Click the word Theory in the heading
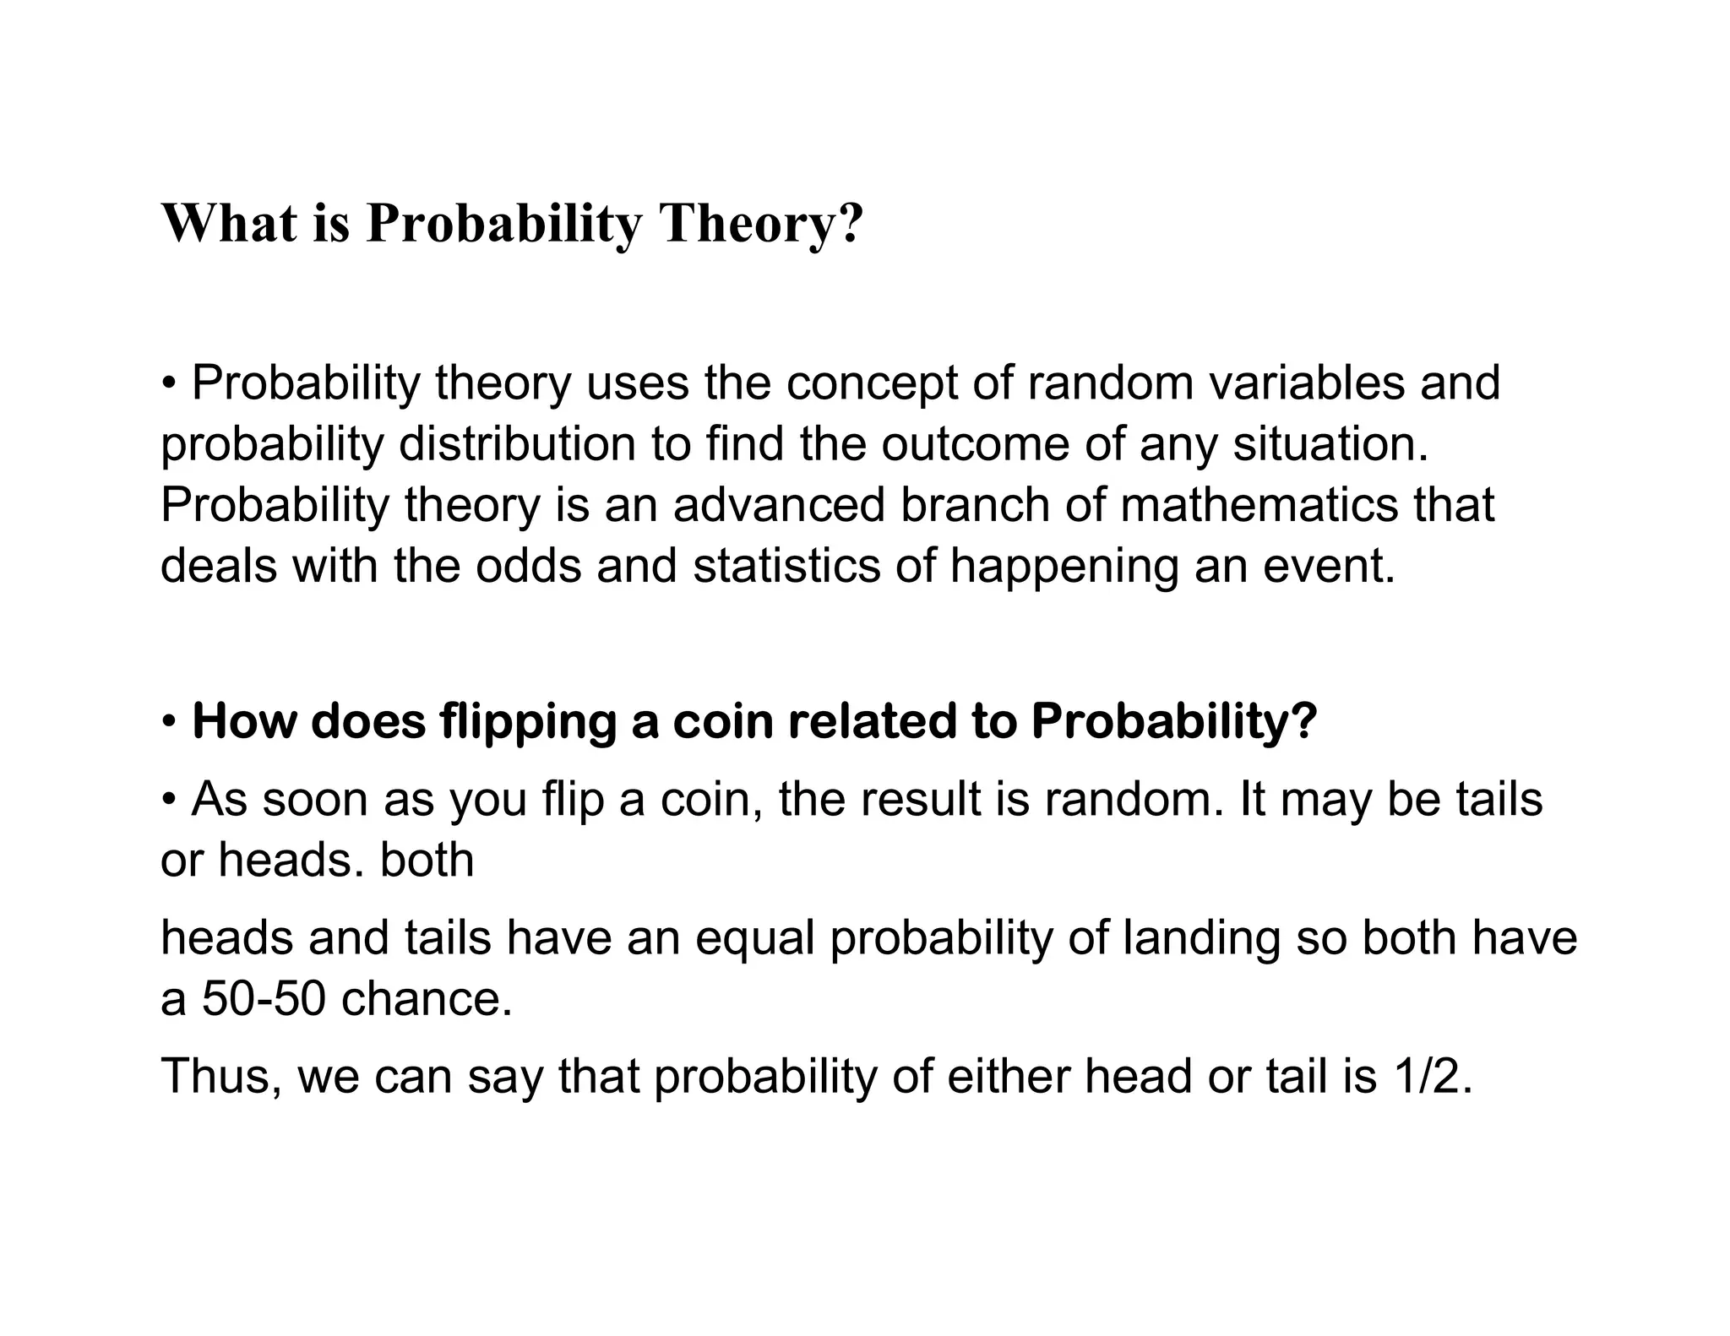click(x=761, y=224)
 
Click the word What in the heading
click(x=229, y=224)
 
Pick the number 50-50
click(x=264, y=999)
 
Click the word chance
click(x=427, y=999)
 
